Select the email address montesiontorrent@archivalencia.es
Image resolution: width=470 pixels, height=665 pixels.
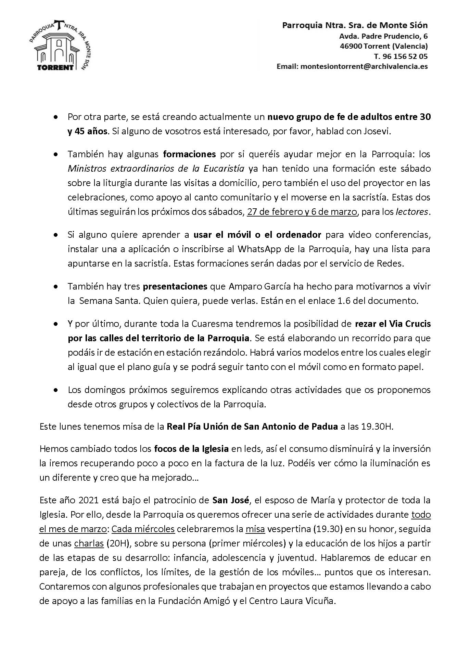[x=364, y=66]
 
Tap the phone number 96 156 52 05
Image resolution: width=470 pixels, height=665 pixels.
[x=404, y=56]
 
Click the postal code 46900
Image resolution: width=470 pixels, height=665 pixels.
[x=351, y=46]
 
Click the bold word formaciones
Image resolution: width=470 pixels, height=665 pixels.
[x=189, y=154]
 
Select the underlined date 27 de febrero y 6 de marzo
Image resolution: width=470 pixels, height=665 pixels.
[x=302, y=212]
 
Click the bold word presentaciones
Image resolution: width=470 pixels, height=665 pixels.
[x=175, y=286]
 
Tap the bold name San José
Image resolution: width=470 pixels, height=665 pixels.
[x=230, y=500]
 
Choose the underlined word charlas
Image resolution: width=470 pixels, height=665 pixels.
[x=89, y=544]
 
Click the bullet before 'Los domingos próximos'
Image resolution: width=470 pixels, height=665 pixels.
[x=55, y=390]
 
